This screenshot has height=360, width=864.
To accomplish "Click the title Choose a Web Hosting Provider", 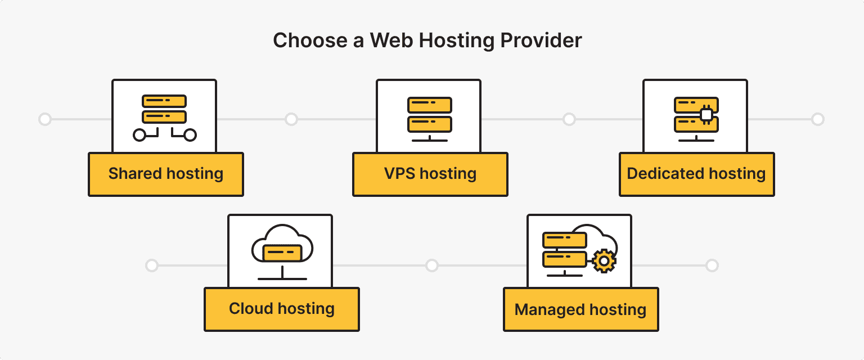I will point(427,40).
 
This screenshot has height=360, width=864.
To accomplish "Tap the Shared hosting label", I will point(166,174).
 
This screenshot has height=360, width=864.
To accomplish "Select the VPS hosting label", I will point(430,174).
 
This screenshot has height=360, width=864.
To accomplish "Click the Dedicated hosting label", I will point(696,174).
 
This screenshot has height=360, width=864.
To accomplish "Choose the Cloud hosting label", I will point(282,309).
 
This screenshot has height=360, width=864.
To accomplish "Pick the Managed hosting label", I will point(580,309).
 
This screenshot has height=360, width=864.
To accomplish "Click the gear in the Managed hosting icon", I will point(605,261).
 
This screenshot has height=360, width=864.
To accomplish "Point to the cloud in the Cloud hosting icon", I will point(282,242).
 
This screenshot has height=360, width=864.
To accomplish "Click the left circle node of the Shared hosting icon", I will point(139,135).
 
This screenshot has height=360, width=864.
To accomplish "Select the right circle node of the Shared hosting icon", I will point(190,135).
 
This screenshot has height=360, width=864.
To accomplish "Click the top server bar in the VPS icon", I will point(430,105).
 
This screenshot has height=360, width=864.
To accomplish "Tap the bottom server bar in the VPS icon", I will point(430,124).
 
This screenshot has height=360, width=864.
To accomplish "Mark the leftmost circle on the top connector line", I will point(44,119).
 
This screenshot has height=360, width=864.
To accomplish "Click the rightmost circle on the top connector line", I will point(818,119).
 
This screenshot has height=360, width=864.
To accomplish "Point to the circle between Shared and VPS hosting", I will point(291,119).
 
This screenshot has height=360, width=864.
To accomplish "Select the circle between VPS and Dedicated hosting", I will point(569,119).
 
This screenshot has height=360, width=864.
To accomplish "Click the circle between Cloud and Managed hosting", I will point(431,265).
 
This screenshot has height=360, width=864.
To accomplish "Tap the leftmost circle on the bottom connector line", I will point(151,265).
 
